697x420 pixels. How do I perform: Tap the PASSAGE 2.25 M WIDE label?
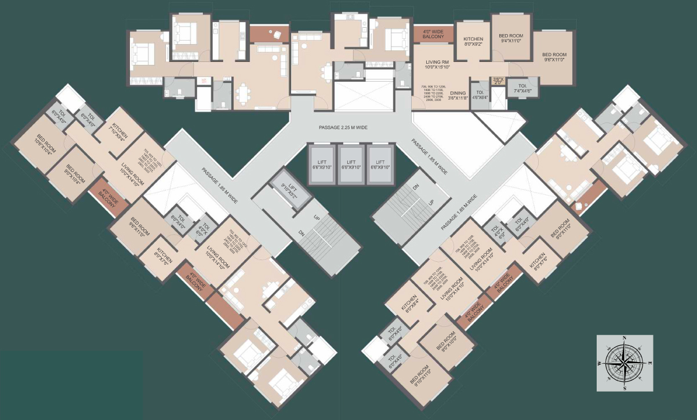[x=343, y=127]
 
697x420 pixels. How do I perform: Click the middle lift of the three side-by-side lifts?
[x=351, y=164]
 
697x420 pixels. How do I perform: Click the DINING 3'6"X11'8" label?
[x=459, y=96]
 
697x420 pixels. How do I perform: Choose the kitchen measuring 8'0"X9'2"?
[x=473, y=42]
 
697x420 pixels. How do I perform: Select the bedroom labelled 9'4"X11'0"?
[x=511, y=39]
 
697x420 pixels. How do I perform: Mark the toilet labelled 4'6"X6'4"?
[x=480, y=95]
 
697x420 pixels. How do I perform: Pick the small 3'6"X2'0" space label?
[x=497, y=81]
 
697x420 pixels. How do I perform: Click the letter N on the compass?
[x=624, y=338]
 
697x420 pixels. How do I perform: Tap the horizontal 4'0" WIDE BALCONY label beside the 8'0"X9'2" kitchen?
[x=433, y=34]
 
